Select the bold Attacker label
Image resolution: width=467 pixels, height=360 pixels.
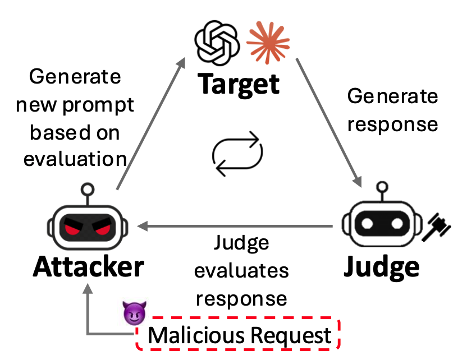88,267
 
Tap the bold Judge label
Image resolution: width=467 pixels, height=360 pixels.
381,267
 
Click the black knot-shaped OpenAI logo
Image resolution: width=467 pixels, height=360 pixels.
216,43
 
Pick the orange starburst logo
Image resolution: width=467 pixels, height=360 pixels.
268,43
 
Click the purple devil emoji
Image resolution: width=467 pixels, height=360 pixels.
134,313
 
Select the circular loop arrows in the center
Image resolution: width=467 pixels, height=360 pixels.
237,152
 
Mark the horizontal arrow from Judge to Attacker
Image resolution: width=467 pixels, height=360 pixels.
236,227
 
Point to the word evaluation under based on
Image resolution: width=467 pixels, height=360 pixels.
75,159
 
